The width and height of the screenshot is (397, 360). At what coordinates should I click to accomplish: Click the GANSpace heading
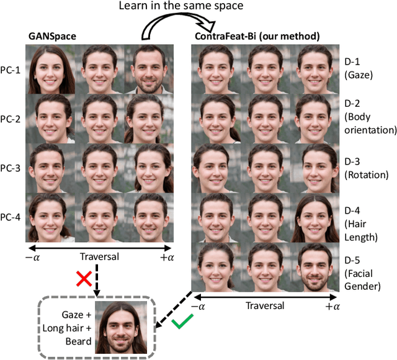[54, 37]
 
